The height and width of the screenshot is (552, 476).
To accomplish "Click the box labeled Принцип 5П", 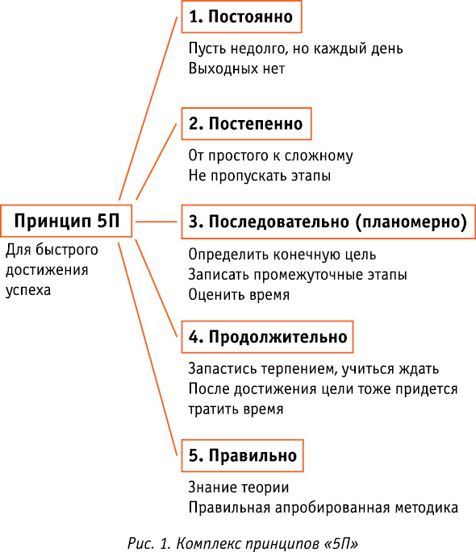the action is (66, 221).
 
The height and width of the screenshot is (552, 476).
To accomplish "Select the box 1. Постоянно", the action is (242, 17).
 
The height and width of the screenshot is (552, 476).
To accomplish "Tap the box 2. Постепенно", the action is (247, 123).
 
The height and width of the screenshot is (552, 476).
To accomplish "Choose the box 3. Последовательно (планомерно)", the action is (328, 222).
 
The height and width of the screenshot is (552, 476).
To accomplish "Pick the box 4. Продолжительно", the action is (267, 337).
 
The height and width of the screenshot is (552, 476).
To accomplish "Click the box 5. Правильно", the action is (242, 455).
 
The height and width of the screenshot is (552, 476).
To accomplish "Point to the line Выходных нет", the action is (236, 68).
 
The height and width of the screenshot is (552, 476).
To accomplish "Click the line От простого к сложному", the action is (270, 156).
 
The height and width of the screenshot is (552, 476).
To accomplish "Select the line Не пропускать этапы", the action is (260, 176).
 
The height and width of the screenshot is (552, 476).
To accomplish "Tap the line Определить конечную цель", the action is (282, 254).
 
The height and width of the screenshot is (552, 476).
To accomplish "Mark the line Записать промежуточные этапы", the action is (298, 274).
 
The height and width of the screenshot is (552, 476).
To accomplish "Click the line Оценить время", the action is (239, 294).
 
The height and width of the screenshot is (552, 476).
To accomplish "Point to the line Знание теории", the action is (239, 488).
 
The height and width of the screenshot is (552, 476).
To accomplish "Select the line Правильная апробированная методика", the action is (323, 508).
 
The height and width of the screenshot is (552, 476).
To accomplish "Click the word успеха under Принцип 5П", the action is (28, 290).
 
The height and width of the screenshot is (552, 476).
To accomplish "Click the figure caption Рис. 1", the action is (243, 543).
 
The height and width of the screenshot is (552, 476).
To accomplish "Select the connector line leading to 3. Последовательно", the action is (156, 222).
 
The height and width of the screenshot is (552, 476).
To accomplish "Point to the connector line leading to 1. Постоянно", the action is (148, 108).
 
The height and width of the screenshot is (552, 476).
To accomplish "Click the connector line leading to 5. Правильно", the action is (148, 349).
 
